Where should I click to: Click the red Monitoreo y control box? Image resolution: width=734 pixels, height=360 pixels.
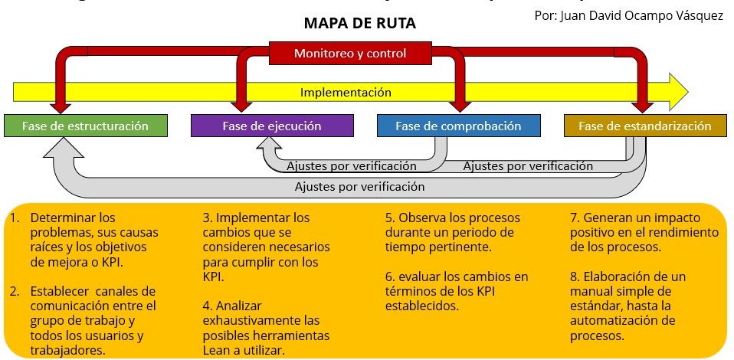click(x=349, y=54)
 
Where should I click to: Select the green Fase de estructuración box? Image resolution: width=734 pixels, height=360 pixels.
click(x=85, y=126)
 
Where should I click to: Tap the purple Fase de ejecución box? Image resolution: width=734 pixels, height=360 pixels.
click(x=272, y=126)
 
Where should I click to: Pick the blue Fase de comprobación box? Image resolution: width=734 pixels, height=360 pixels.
click(x=458, y=126)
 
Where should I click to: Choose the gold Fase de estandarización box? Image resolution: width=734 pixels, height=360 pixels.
click(x=644, y=126)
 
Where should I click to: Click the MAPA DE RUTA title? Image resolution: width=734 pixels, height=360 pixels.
click(x=360, y=24)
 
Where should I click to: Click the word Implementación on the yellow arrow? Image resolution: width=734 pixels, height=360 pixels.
click(x=346, y=93)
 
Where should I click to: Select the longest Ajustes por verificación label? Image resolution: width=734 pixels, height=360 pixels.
click(x=359, y=186)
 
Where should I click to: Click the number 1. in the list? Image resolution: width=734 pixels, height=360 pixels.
click(x=15, y=218)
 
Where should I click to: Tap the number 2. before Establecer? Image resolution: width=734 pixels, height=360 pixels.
click(x=15, y=291)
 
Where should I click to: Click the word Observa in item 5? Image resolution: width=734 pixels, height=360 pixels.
click(x=423, y=218)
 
